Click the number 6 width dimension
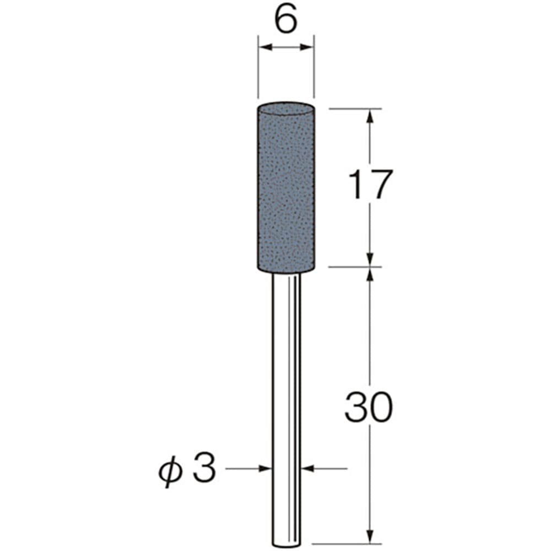click(x=286, y=21)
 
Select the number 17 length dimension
click(x=370, y=185)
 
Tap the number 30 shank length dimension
click(x=368, y=408)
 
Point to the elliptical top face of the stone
click(x=286, y=106)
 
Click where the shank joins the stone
click(x=287, y=273)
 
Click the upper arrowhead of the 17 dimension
click(x=370, y=115)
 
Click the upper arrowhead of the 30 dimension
click(x=370, y=274)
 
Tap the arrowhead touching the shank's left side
click(x=267, y=469)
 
